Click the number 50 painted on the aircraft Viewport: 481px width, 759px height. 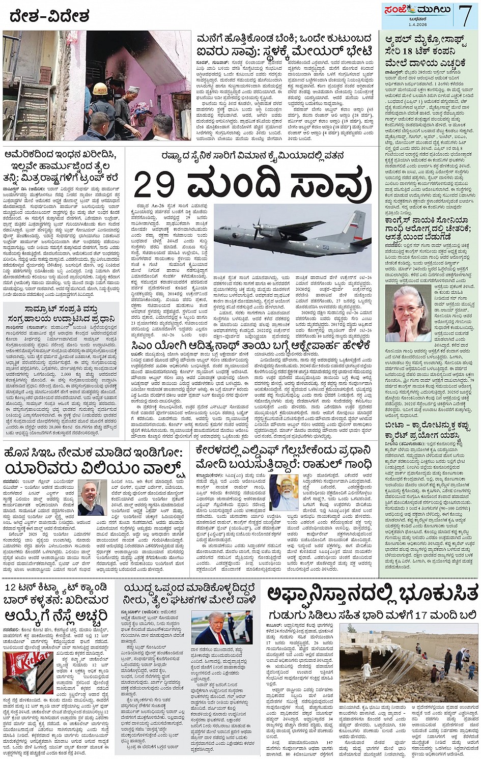[x=340, y=247]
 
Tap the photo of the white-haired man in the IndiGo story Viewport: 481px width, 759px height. [x=92, y=497]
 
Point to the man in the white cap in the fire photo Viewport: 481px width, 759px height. [x=120, y=94]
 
